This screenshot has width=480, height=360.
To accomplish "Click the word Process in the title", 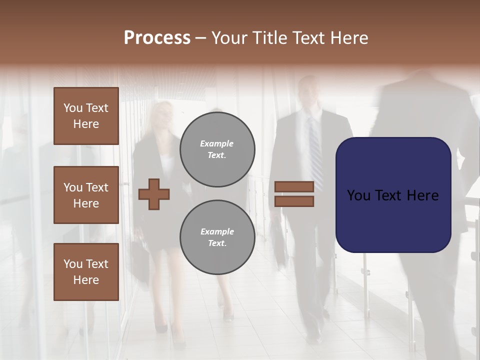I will pos(157,38).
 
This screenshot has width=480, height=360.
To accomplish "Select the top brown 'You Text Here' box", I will pos(86,116).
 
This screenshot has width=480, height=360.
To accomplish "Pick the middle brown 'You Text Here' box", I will pos(86,195).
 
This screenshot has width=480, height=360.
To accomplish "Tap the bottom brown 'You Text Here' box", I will pos(86,272).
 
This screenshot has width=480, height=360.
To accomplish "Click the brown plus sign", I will pos(154,194).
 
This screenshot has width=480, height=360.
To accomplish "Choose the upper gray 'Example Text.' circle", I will pos(217,149).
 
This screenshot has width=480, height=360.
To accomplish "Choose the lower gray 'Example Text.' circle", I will pos(217,237).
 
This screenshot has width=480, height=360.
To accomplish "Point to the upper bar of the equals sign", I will pos(294,186).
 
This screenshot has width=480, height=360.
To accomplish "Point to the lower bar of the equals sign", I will pos(294,201).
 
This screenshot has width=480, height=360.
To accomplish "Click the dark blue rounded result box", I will pos(393,195).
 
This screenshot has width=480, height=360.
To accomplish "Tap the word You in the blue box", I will pos(359,195).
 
